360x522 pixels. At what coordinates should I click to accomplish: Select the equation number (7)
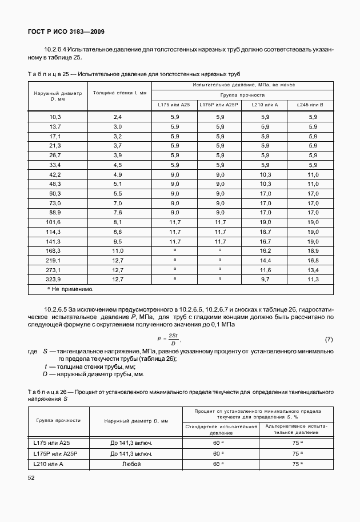pos(329,340)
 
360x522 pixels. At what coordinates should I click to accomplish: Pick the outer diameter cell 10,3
pos(55,116)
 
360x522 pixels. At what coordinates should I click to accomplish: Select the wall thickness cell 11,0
pos(118,250)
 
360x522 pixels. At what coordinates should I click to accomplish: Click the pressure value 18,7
pos(265,232)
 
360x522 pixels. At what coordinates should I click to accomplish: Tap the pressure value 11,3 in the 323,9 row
pos(312,279)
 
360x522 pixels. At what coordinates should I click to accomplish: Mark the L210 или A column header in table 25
pos(265,105)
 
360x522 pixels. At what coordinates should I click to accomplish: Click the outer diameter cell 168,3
pos(55,250)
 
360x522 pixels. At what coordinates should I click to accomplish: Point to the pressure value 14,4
pos(265,260)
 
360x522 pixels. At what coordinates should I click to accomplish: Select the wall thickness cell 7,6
pos(118,212)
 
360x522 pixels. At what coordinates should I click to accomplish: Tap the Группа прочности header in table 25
pos(242,94)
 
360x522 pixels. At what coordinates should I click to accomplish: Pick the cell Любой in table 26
pos(136,464)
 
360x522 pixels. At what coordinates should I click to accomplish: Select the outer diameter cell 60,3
pos(55,193)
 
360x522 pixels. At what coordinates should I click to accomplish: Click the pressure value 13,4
pos(312,269)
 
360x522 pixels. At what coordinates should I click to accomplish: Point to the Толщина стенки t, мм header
pos(119,92)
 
